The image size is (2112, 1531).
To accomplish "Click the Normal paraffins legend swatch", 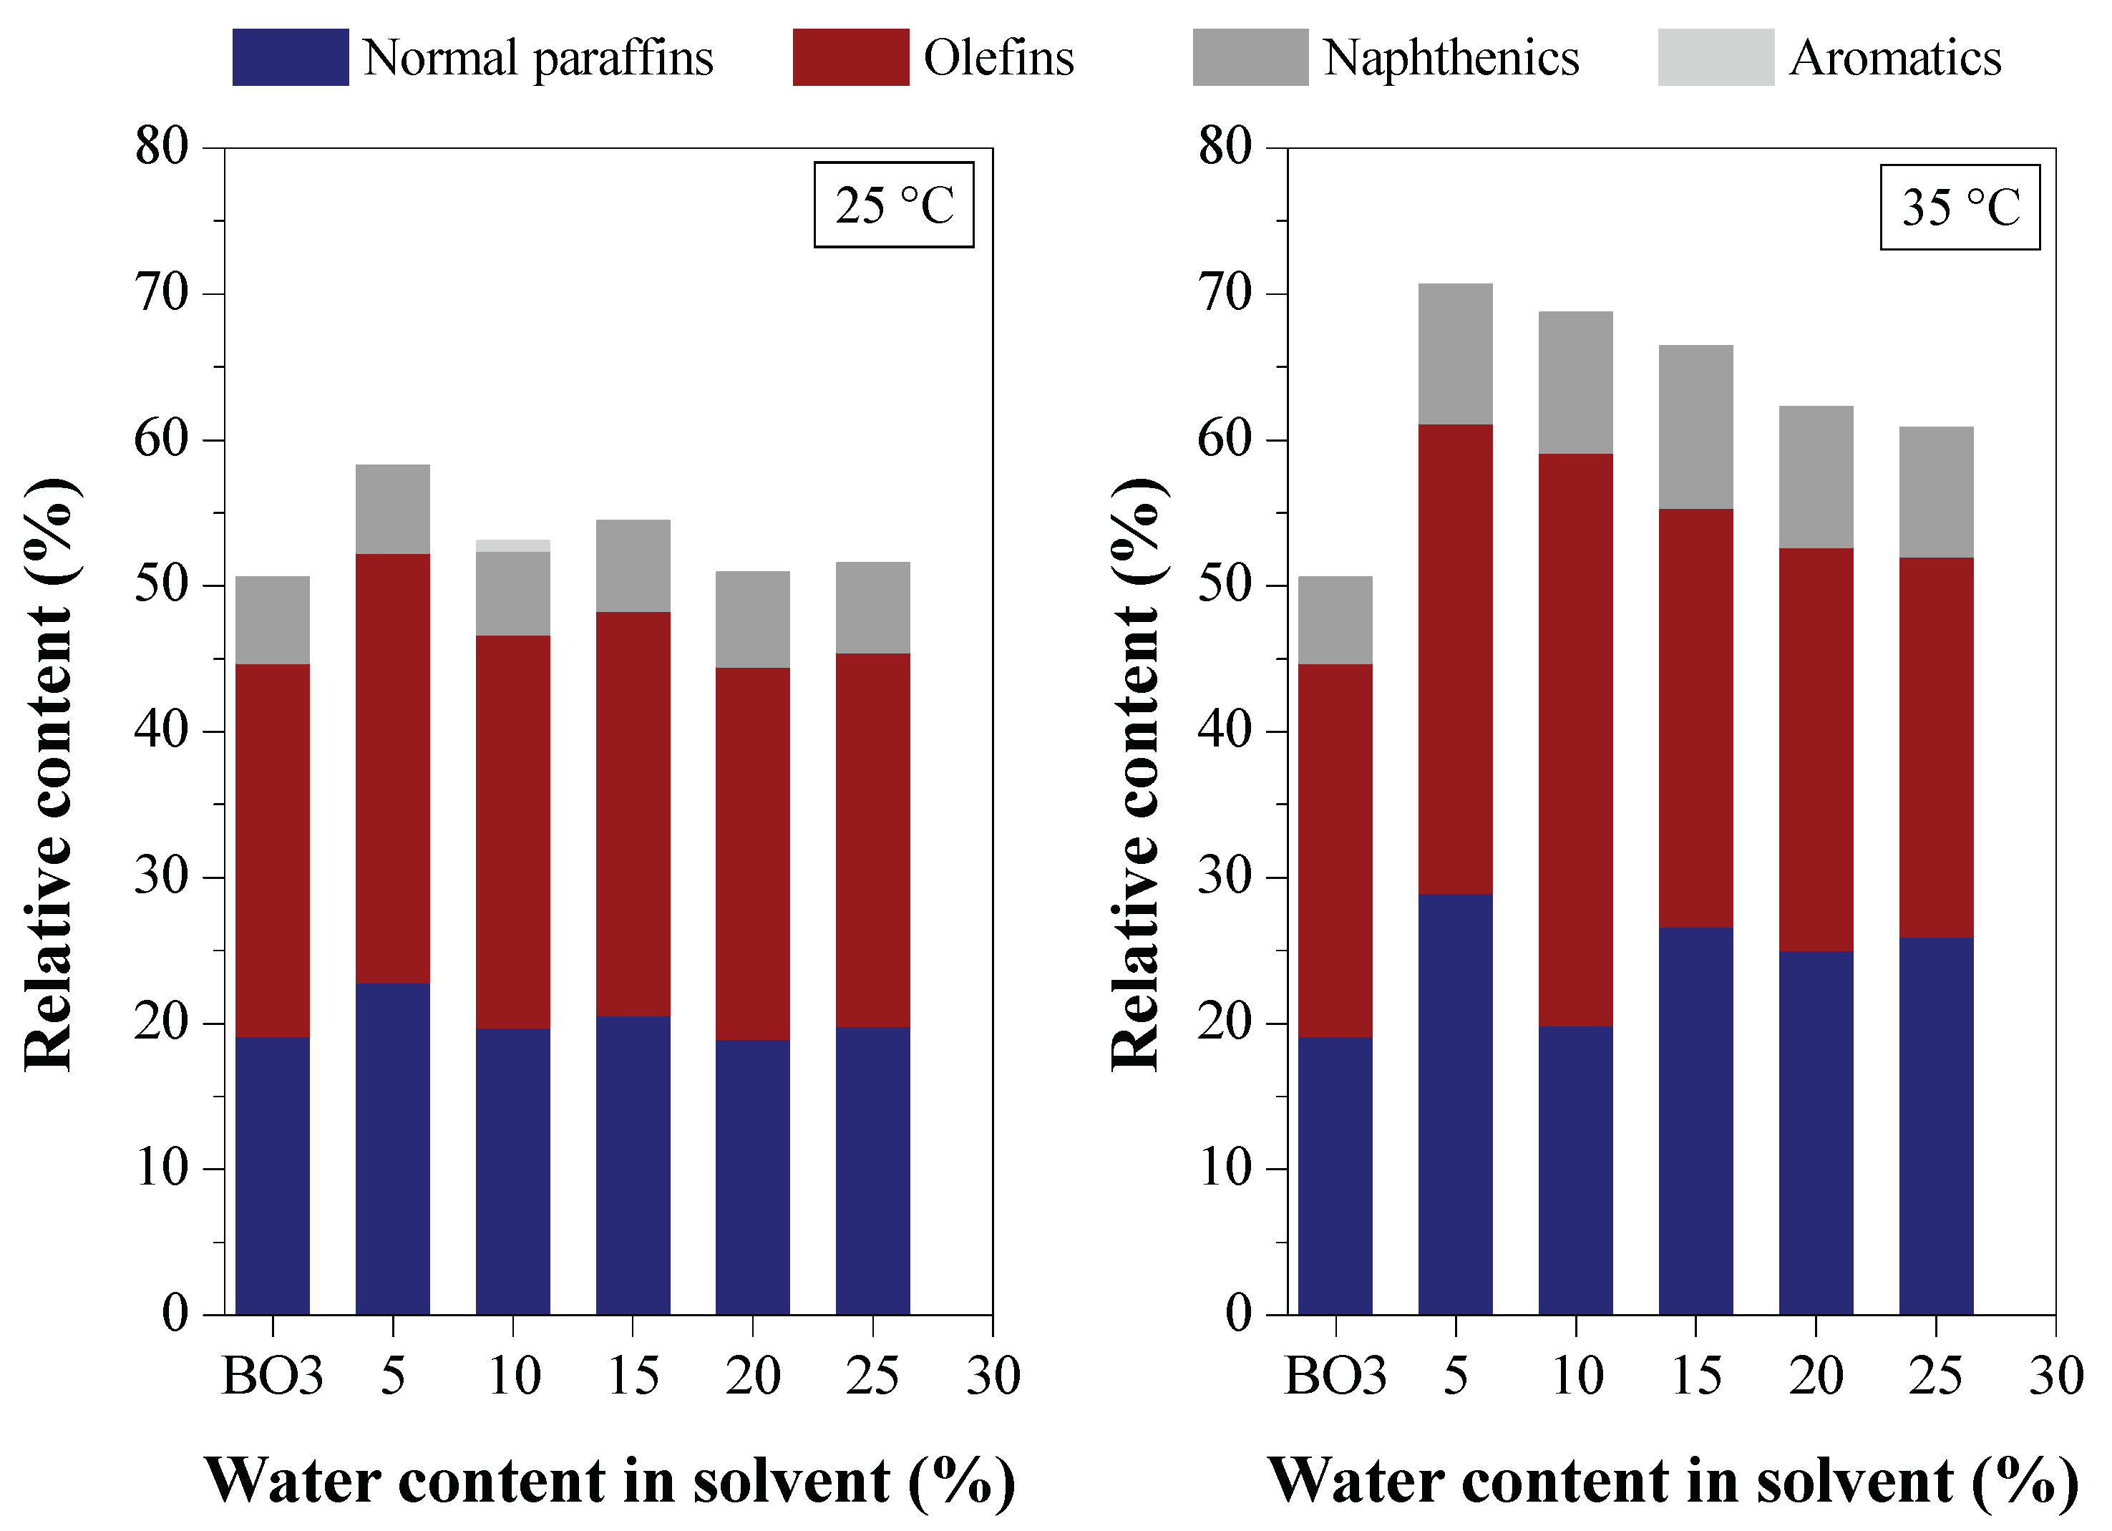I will click(291, 58).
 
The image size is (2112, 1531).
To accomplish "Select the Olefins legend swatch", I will click(850, 58).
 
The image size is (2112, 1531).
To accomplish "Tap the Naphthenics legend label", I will click(1451, 58).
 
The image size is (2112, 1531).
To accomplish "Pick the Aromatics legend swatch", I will click(1716, 58).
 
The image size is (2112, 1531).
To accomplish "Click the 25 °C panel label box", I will click(893, 205).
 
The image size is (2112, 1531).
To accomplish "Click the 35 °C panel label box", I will click(1960, 207).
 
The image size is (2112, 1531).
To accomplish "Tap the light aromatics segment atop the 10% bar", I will click(513, 545).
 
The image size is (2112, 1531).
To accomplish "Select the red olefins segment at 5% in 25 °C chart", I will click(393, 768).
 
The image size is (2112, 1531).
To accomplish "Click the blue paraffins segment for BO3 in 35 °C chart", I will click(1335, 1175).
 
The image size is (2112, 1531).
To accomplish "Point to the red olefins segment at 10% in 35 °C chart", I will click(1576, 740).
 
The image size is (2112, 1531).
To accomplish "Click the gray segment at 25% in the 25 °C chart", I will click(872, 607).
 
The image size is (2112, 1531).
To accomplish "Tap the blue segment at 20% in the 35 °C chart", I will click(1816, 1132).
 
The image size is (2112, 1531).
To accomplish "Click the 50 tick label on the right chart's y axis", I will click(1225, 585).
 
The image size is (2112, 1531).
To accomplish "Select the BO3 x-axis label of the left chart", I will click(272, 1376).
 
